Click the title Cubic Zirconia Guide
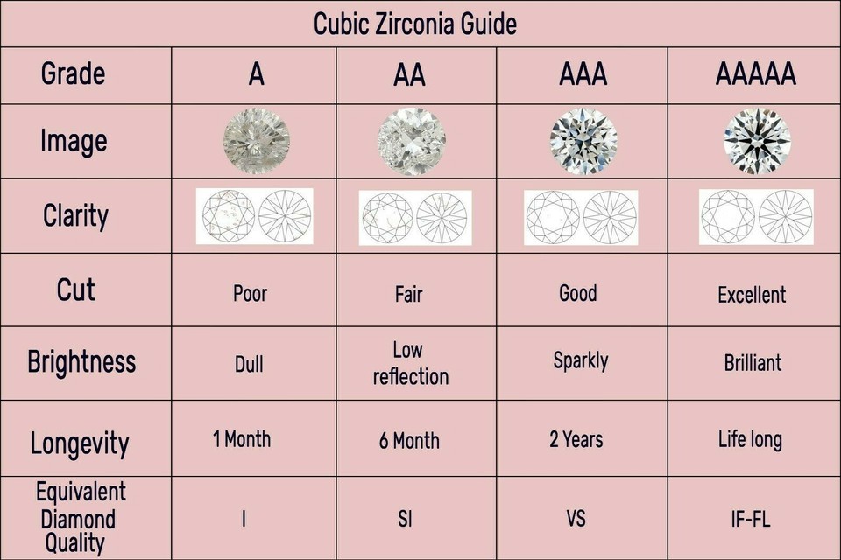[415, 24]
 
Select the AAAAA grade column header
[756, 74]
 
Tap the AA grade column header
[409, 74]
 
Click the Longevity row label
[80, 444]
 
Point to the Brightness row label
[81, 361]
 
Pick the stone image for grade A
[257, 140]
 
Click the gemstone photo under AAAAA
[757, 140]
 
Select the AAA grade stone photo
[583, 140]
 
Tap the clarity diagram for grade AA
[415, 217]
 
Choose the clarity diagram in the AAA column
[581, 217]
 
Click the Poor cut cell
[250, 294]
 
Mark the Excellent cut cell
[752, 295]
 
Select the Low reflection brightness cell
[410, 363]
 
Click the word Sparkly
[581, 361]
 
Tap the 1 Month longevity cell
[242, 439]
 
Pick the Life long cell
[751, 440]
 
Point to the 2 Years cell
[576, 439]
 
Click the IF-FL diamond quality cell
[751, 519]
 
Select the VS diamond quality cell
[576, 519]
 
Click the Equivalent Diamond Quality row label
[81, 517]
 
